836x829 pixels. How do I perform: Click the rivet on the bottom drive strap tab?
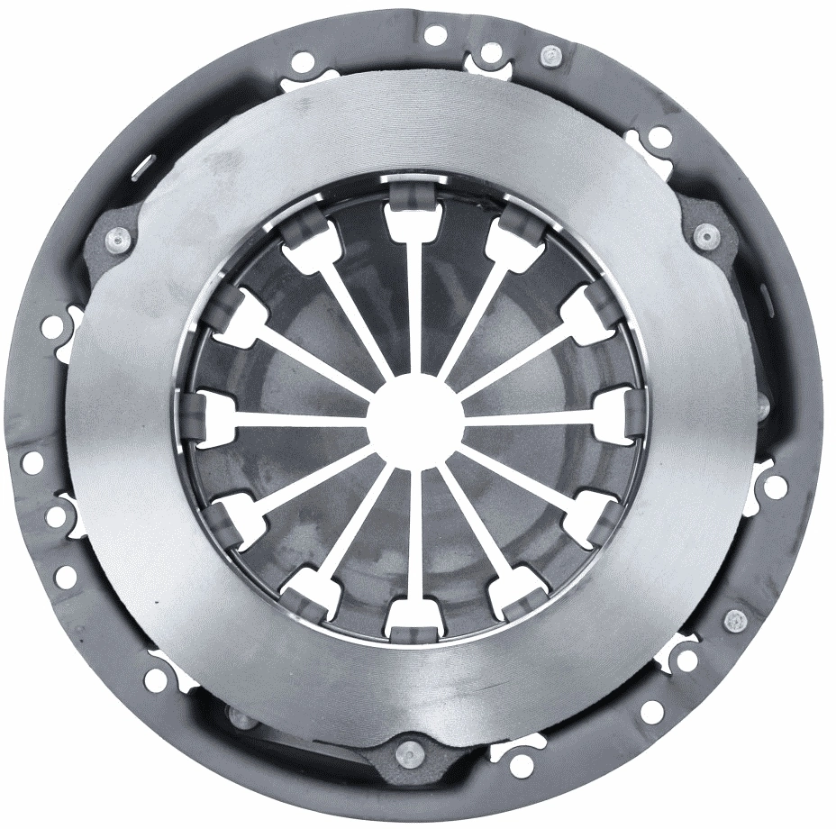point(409,749)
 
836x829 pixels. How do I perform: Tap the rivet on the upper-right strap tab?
point(704,235)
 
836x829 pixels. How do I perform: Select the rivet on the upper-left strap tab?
point(118,240)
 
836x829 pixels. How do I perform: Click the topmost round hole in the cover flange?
point(435,35)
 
